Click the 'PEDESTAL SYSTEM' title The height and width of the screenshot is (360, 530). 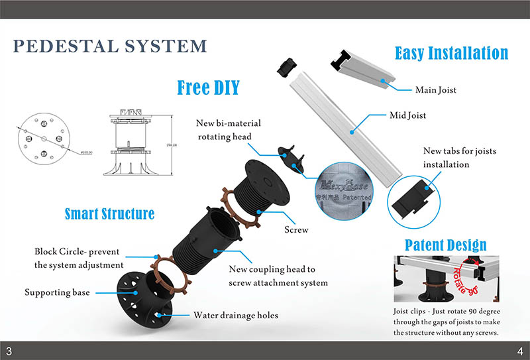[110, 46]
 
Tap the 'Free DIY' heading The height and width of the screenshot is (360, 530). [208, 87]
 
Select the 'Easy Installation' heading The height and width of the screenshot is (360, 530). [451, 53]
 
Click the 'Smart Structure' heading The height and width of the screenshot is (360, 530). [109, 213]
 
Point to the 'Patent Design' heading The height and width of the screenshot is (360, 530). [445, 245]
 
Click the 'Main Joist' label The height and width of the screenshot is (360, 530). [435, 90]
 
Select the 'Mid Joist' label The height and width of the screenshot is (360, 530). [407, 115]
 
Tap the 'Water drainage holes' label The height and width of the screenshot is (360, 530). [235, 315]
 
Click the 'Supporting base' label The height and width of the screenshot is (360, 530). [57, 292]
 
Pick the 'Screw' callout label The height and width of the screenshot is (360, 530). [296, 229]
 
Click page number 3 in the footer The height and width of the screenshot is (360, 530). [9, 351]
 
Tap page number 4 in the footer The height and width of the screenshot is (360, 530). [520, 351]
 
